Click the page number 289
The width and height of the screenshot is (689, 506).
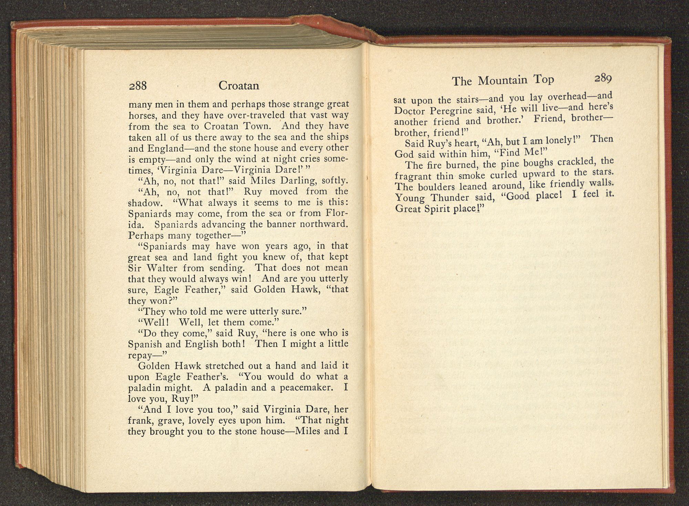(603, 79)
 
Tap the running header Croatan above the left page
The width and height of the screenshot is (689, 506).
(239, 85)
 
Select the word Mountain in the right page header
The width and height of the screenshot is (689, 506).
(503, 81)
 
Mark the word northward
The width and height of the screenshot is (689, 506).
(324, 224)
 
